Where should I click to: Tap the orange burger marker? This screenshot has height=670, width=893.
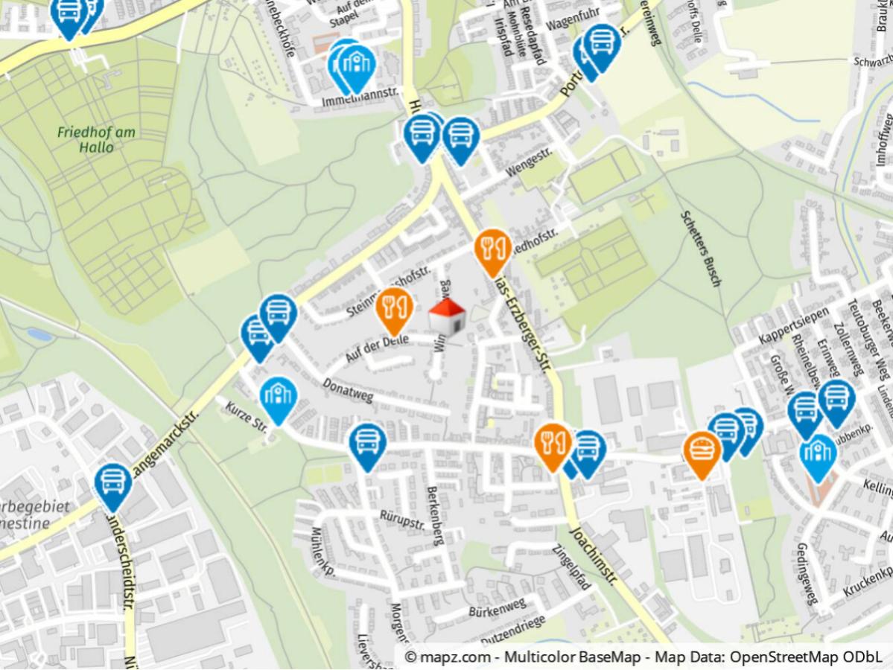point(702,451)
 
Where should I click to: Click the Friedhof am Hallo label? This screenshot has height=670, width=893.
point(97,139)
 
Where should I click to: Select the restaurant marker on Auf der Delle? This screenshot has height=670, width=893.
point(394,307)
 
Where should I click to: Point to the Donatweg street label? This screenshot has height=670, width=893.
point(348,389)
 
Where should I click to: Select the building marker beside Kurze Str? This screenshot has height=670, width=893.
point(279,398)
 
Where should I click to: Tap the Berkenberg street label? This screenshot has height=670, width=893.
point(434,515)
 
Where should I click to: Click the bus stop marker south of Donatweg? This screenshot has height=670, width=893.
point(366,444)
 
